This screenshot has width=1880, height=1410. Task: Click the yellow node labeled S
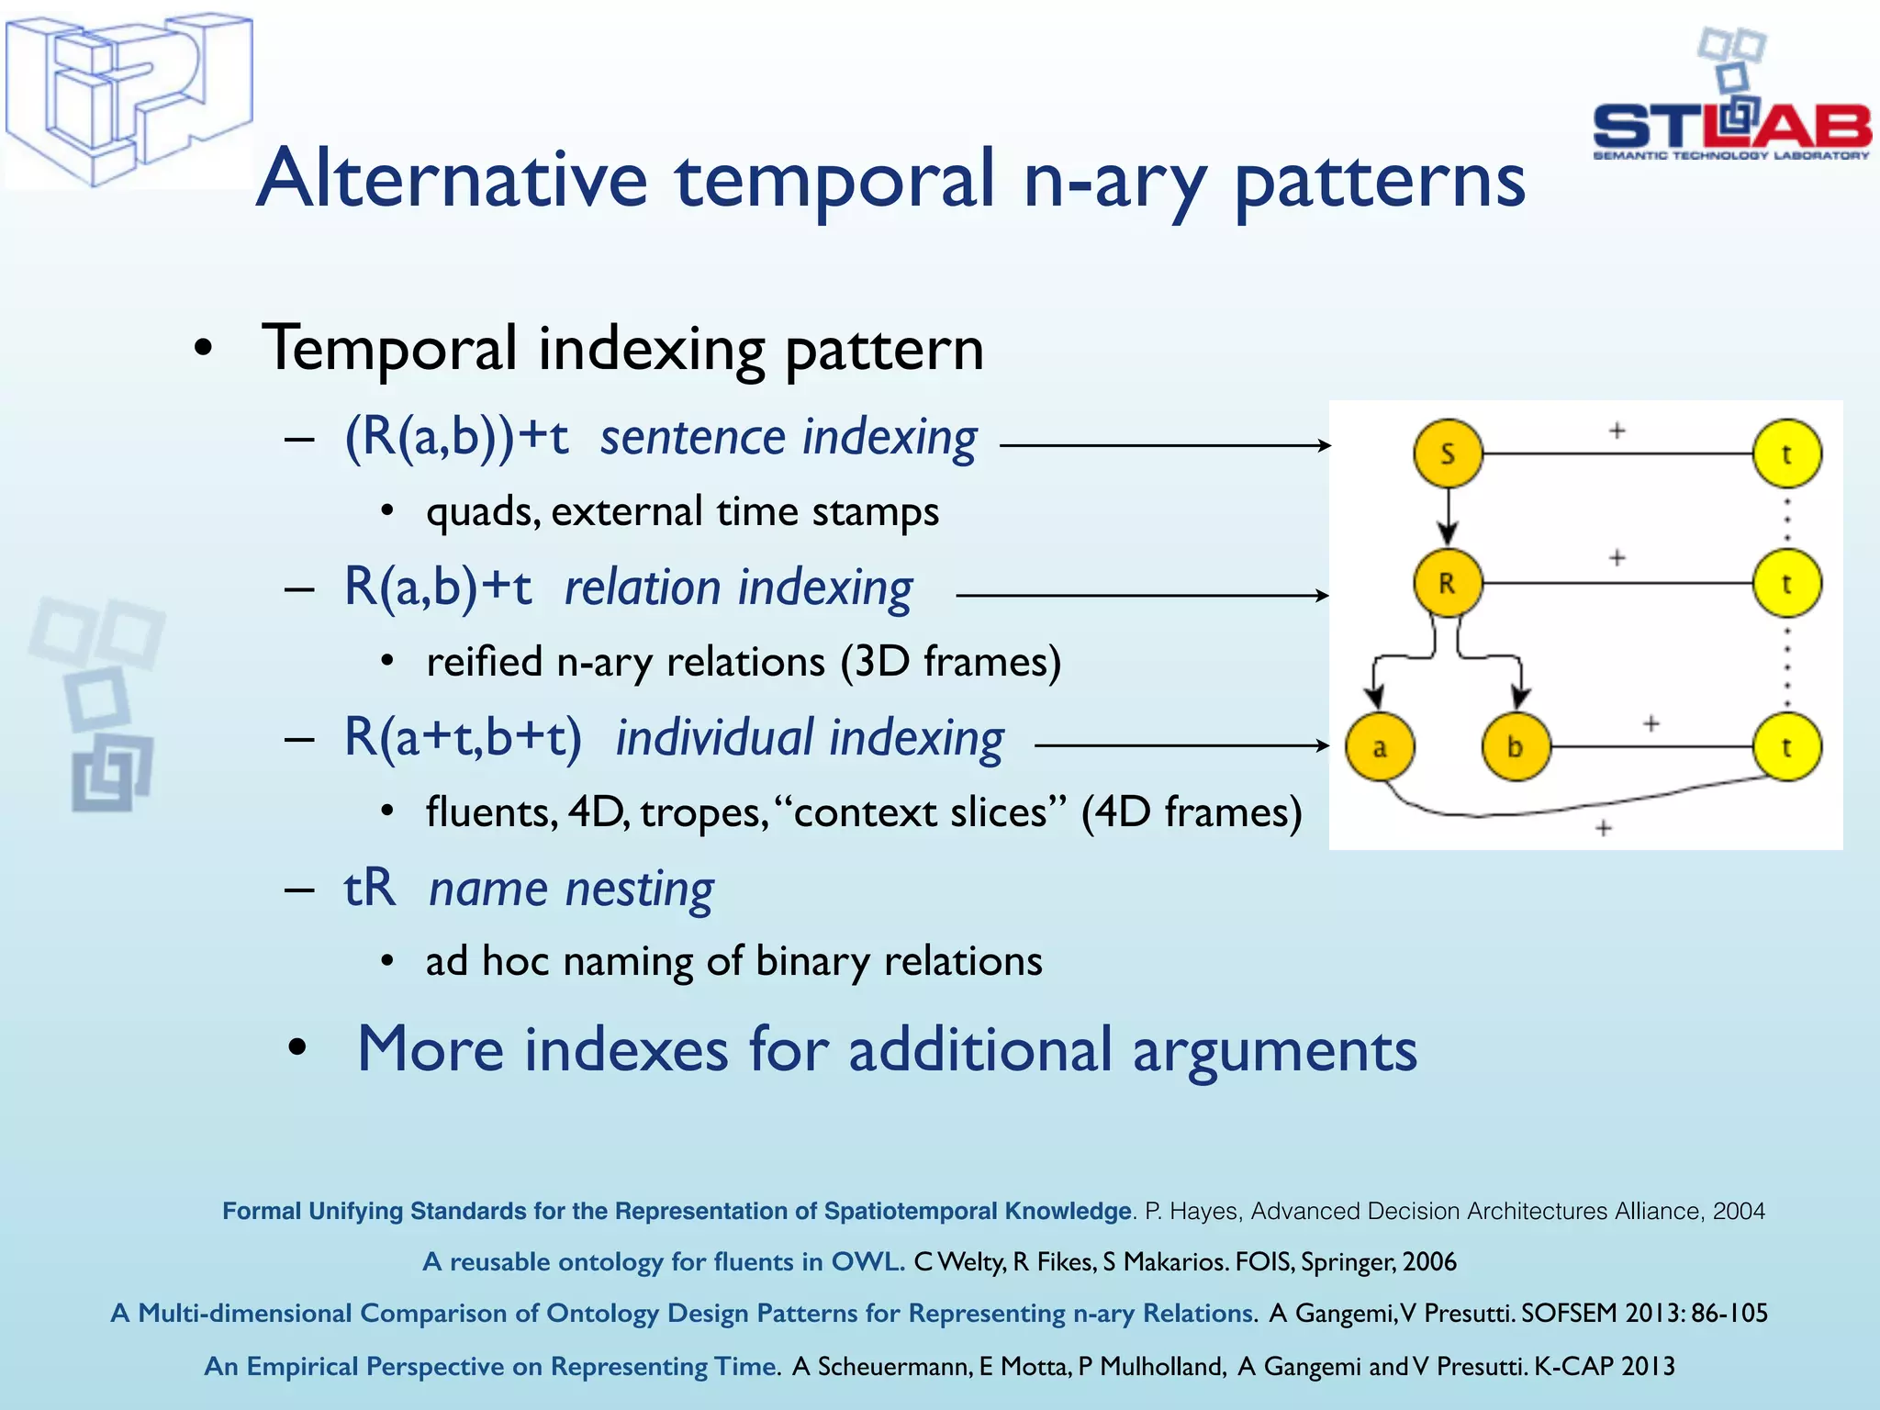1448,453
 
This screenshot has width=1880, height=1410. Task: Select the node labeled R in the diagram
1448,583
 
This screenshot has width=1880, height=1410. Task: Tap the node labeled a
1380,747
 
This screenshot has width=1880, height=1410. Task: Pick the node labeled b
1516,747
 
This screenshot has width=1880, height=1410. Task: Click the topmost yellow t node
1786,453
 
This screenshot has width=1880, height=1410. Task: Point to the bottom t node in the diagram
1786,747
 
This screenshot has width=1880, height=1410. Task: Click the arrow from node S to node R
1448,519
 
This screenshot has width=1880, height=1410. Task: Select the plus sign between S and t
1617,430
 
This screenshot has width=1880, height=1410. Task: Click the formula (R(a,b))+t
456,436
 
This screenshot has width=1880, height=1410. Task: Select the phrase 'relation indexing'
738,587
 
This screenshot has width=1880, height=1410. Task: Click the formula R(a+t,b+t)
463,737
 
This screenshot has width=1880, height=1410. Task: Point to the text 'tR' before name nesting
369,889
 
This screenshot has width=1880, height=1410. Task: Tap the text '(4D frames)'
1191,812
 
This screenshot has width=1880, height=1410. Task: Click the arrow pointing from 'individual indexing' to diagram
1181,745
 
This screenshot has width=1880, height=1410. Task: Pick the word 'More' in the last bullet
430,1049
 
